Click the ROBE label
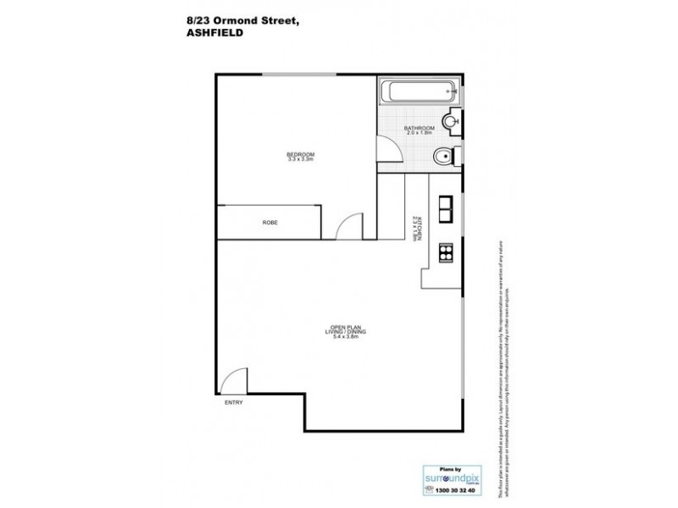pyautogui.click(x=270, y=222)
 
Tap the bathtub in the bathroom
pyautogui.click(x=419, y=93)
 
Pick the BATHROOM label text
pyautogui.click(x=419, y=128)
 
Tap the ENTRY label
pyautogui.click(x=232, y=402)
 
